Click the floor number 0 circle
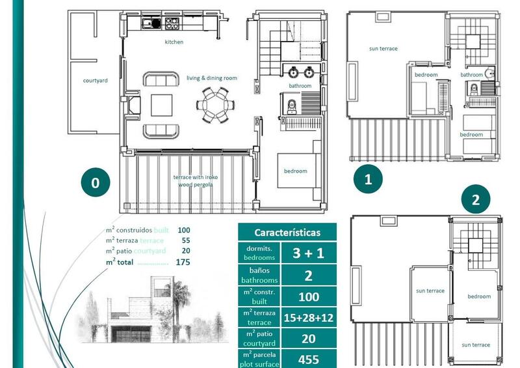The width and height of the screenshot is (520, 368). (x=96, y=183)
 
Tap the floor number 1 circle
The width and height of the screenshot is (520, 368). (x=368, y=178)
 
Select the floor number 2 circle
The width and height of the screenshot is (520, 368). (x=475, y=200)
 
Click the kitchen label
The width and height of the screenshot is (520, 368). (x=174, y=42)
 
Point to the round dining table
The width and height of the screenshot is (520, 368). (x=214, y=104)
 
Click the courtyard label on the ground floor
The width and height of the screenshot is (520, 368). (x=95, y=81)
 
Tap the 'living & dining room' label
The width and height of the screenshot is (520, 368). (x=212, y=78)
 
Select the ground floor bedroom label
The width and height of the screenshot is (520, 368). (x=295, y=171)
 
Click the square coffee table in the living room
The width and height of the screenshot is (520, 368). (x=162, y=105)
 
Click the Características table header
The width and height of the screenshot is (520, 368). (x=287, y=233)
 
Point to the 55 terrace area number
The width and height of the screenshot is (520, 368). (x=185, y=240)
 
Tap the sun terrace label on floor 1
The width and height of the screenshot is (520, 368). (x=383, y=49)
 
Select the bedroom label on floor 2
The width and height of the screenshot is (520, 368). (x=479, y=296)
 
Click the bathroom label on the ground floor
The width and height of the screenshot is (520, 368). (x=300, y=86)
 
